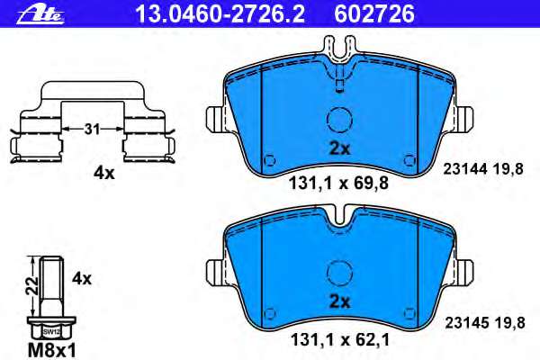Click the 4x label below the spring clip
tap(103, 174)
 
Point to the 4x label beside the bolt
tap(82, 279)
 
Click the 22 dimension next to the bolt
tap(29, 286)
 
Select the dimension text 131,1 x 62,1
tap(338, 340)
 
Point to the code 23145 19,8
tap(483, 319)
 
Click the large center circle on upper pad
tap(339, 120)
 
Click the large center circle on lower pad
tap(339, 272)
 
